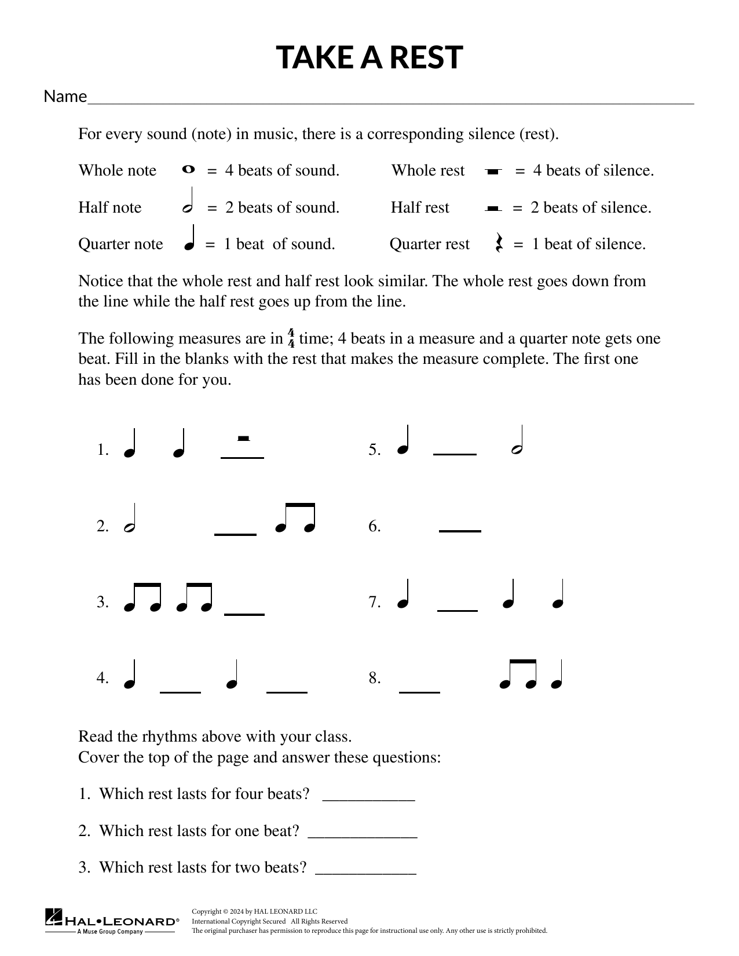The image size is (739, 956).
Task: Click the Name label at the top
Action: pyautogui.click(x=65, y=96)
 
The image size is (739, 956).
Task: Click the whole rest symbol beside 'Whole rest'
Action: pyautogui.click(x=492, y=172)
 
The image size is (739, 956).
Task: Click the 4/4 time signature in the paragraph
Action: pyautogui.click(x=291, y=338)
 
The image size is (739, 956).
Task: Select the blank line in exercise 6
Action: pyautogui.click(x=460, y=530)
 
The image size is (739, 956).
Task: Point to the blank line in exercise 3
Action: pyautogui.click(x=244, y=614)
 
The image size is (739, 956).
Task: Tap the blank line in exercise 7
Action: pyautogui.click(x=458, y=610)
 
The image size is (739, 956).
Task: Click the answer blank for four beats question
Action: pyautogui.click(x=368, y=800)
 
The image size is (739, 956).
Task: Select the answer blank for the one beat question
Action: pyautogui.click(x=362, y=837)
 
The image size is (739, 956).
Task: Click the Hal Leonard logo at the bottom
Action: pyautogui.click(x=112, y=920)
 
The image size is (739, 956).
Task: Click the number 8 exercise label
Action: pyautogui.click(x=374, y=678)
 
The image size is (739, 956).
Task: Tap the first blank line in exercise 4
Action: pyautogui.click(x=180, y=692)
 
